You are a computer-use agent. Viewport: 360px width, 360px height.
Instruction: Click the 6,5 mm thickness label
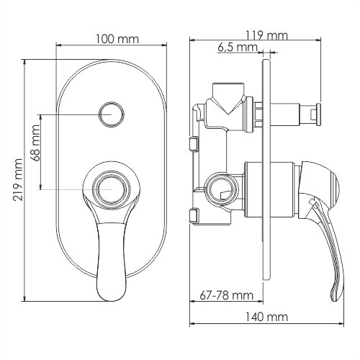click(237, 48)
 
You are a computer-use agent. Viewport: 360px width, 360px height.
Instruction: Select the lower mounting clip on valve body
click(194, 215)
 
